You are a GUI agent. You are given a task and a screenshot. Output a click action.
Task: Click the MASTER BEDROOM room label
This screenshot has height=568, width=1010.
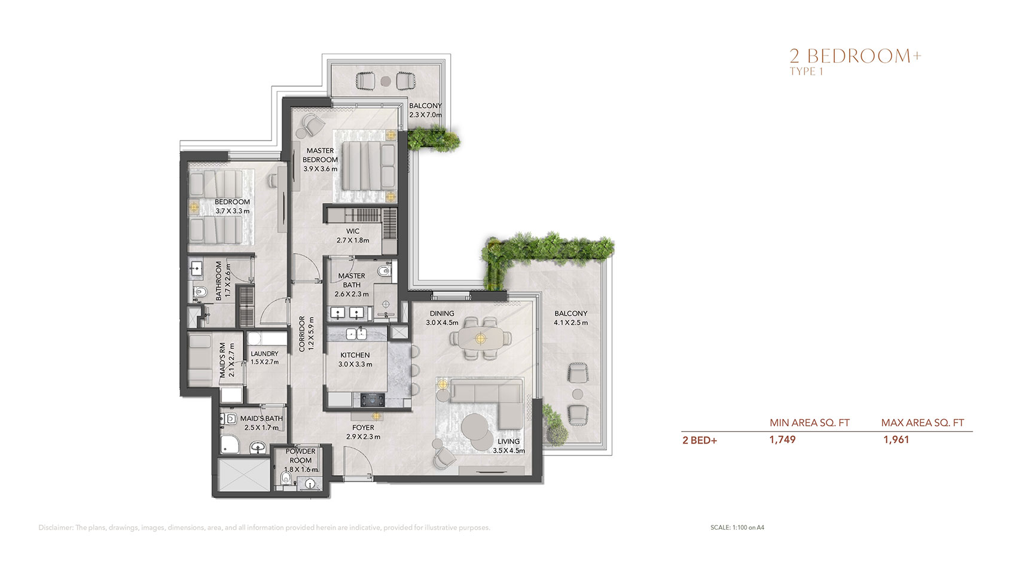tap(320, 155)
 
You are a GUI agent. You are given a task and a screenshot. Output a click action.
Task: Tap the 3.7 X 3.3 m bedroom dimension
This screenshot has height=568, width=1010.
tap(232, 211)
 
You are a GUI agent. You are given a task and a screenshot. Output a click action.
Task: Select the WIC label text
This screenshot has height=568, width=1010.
tap(353, 231)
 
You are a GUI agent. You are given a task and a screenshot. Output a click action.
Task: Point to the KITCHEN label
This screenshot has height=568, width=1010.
tap(355, 355)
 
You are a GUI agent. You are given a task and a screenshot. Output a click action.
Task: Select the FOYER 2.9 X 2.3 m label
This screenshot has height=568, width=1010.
tap(363, 432)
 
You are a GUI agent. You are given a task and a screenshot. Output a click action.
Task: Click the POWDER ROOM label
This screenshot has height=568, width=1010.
tap(300, 456)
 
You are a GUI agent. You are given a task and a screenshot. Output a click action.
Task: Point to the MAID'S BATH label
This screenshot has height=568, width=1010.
tap(261, 419)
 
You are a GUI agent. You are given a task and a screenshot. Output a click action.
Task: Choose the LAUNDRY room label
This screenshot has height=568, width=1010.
tap(264, 354)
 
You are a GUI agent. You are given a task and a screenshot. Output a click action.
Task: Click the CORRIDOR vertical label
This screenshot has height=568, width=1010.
tap(302, 334)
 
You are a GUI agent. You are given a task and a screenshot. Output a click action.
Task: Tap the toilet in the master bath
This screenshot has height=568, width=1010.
tap(385, 272)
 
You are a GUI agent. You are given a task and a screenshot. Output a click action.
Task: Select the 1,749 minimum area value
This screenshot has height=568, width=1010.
tap(782, 439)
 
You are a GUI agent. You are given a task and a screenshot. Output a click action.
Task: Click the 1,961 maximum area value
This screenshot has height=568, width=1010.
tap(896, 439)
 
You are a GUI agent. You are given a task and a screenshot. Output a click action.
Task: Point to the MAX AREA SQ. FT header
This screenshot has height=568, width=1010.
tap(922, 423)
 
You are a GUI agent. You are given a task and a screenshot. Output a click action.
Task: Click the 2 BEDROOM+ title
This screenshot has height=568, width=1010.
tap(855, 56)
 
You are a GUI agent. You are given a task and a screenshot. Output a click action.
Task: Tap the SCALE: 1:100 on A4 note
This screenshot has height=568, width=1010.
tap(737, 527)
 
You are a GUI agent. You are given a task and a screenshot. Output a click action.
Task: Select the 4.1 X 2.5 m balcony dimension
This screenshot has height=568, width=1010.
tap(570, 323)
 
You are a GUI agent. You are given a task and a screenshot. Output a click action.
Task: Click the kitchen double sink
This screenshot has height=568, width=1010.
tap(357, 334)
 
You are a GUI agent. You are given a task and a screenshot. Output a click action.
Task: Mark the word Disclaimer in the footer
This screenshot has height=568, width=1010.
tap(55, 527)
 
